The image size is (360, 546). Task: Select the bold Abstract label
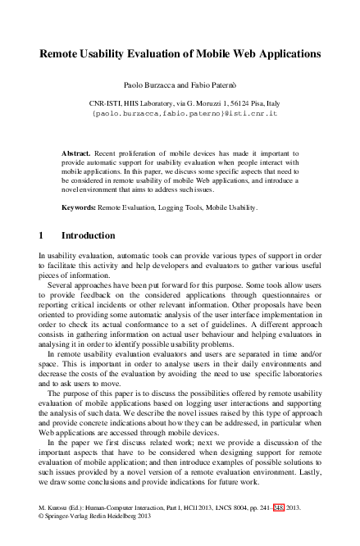coord(78,153)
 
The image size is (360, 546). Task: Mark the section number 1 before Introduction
coord(42,236)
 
